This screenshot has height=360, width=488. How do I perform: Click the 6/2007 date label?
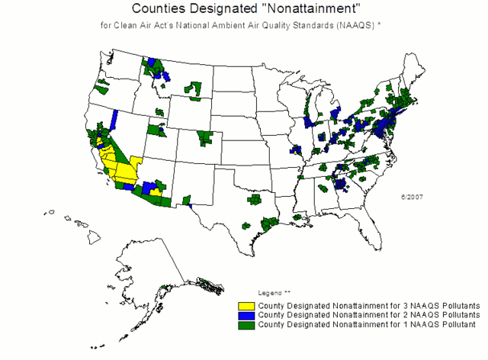click(412, 196)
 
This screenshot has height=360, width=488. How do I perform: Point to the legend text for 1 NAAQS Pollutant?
click(367, 324)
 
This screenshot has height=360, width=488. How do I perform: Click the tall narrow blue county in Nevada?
click(115, 120)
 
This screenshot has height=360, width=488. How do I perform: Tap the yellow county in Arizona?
click(156, 192)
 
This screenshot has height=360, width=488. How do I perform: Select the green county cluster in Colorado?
click(206, 138)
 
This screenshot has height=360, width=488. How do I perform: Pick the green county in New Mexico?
click(185, 201)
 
